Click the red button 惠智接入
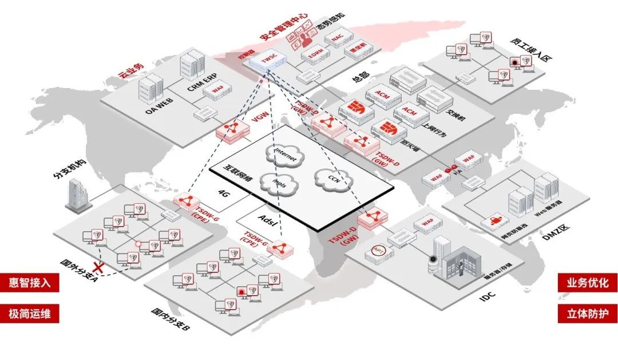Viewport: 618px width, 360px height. [29, 283]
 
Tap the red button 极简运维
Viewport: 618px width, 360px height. [29, 314]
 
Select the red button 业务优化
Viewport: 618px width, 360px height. [588, 283]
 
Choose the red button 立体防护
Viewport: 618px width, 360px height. [588, 314]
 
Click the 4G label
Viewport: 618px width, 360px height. [224, 195]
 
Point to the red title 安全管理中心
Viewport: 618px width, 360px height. [284, 27]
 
